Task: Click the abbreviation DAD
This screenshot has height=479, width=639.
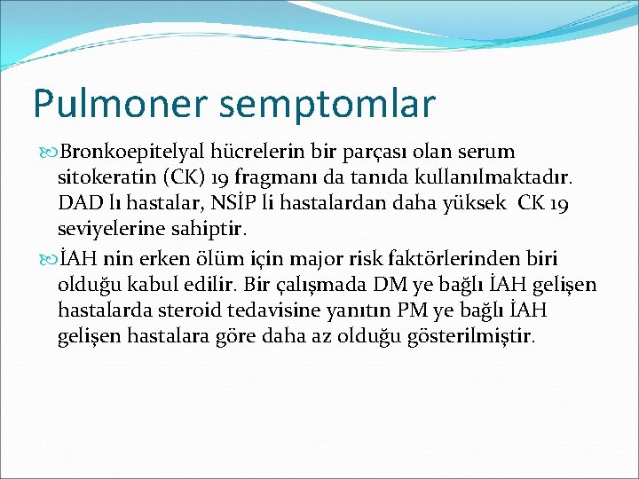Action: point(77,204)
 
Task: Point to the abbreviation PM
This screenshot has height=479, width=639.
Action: point(455,311)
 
